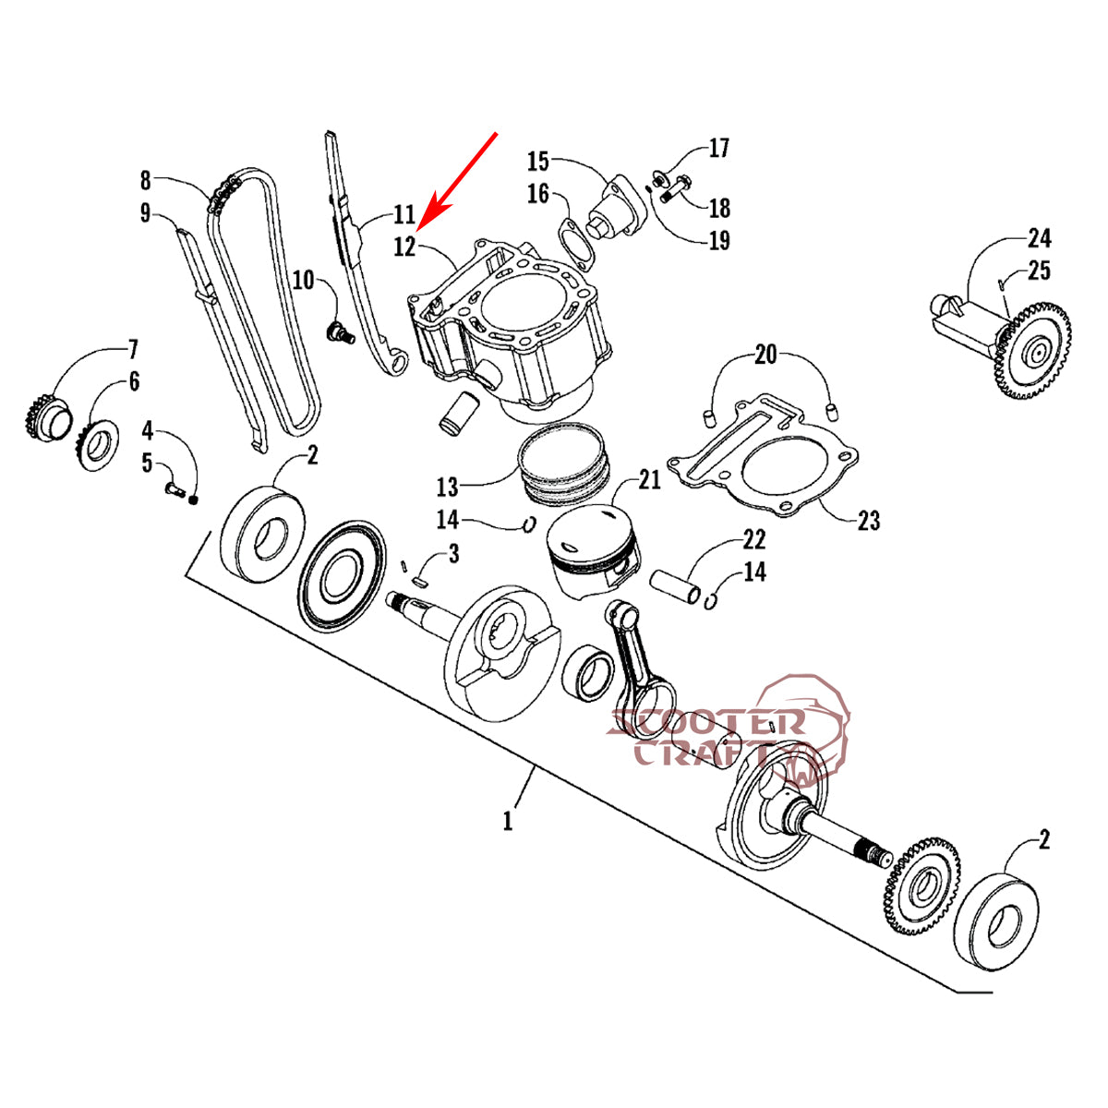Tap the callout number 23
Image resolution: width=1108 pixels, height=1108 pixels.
[x=868, y=521]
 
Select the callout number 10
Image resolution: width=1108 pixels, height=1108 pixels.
[x=304, y=281]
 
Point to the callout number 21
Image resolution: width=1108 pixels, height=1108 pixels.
[x=649, y=480]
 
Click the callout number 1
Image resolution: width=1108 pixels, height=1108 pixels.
[x=507, y=821]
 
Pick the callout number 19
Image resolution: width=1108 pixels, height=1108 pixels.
[x=718, y=240]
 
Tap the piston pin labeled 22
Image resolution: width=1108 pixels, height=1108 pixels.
[x=676, y=586]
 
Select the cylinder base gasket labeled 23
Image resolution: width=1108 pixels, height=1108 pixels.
[x=764, y=455]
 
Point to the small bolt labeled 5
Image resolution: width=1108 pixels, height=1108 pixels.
[x=175, y=489]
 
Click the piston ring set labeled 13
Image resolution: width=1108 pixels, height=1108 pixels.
[x=563, y=464]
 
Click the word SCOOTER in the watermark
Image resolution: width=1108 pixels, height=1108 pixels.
[x=706, y=723]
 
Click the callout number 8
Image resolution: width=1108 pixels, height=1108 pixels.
[x=146, y=181]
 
